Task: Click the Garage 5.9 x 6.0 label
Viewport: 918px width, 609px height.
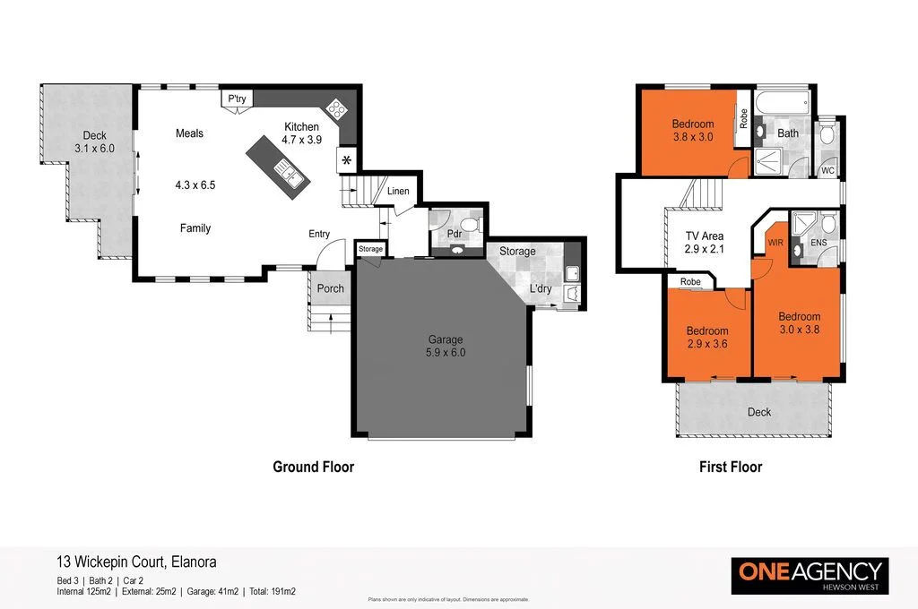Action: click(445, 346)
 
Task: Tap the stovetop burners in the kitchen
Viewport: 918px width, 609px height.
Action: click(336, 109)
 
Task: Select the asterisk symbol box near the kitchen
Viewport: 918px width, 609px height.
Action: click(346, 161)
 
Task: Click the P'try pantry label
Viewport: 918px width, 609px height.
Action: click(237, 99)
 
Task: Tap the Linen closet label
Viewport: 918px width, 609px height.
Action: click(397, 191)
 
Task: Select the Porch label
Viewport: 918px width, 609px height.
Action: click(331, 288)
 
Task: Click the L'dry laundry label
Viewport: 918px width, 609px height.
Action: click(541, 288)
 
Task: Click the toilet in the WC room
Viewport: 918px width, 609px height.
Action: click(827, 137)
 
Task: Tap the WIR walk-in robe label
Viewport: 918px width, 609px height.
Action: click(775, 243)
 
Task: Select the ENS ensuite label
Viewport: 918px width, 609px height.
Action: click(818, 243)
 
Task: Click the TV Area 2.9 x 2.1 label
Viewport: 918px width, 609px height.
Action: click(704, 243)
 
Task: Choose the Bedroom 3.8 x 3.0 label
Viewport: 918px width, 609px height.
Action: click(692, 131)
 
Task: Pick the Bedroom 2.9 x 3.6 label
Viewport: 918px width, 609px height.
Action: click(707, 338)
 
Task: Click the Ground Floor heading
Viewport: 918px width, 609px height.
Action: click(313, 467)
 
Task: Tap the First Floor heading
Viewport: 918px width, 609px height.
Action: click(731, 467)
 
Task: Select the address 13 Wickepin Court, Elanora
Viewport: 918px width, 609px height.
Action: click(135, 562)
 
